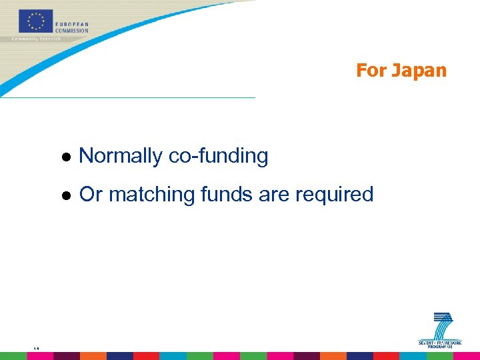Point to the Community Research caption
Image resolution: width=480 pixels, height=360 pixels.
point(36,39)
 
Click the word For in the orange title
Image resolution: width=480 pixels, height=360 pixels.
point(371,71)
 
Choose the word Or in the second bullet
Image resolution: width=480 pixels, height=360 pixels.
point(90,195)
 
